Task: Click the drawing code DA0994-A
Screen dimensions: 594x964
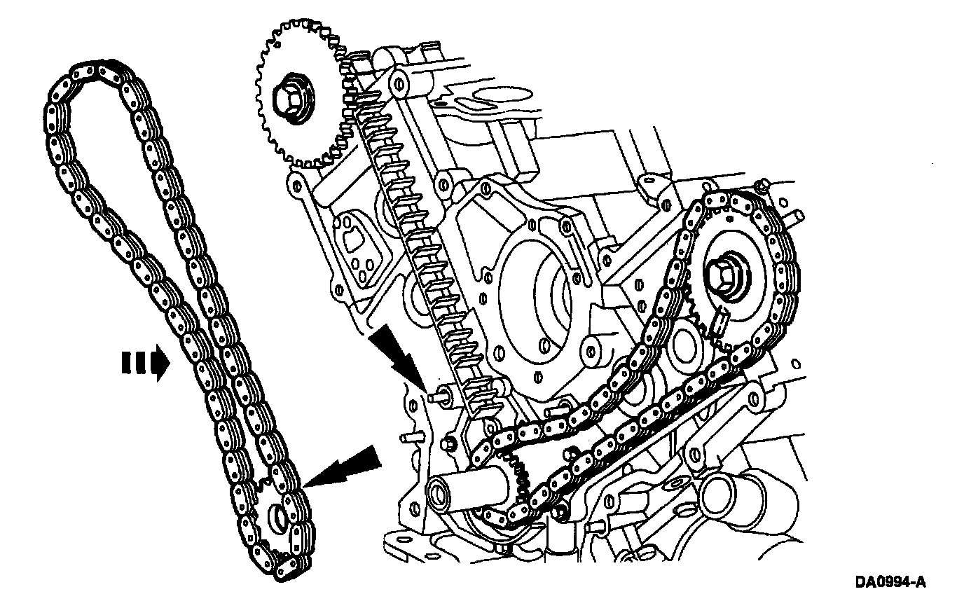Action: click(890, 582)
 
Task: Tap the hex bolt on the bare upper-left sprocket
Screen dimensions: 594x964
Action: click(289, 97)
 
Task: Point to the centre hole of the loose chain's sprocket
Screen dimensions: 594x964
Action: click(278, 518)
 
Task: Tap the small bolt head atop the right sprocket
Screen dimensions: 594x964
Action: click(764, 185)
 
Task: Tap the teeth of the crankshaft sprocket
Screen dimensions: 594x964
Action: click(518, 476)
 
